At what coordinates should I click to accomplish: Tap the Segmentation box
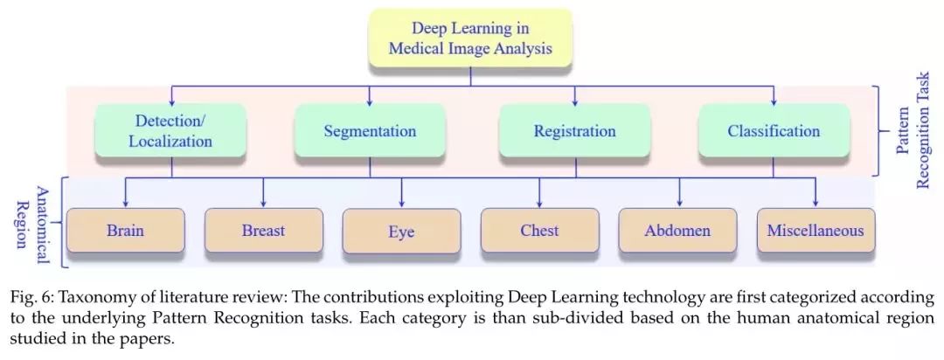(370, 131)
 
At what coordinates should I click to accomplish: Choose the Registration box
(574, 131)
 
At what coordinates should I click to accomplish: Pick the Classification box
(774, 131)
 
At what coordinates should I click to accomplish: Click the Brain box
(125, 231)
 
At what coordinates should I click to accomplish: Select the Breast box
(263, 231)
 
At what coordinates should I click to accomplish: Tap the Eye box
(401, 232)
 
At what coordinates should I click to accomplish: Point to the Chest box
(539, 231)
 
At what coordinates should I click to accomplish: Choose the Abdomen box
(677, 231)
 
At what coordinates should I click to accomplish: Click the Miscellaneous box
(816, 231)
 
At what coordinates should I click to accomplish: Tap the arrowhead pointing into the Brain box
(125, 203)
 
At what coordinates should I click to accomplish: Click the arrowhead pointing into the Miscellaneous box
(816, 203)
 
